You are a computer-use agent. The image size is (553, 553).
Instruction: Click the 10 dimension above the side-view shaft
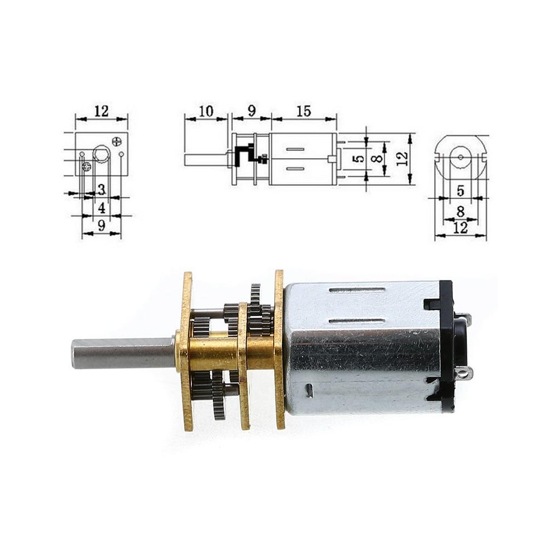click(206, 111)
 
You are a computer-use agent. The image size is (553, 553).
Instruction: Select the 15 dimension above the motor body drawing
click(304, 111)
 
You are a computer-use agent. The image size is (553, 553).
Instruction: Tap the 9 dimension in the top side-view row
click(252, 111)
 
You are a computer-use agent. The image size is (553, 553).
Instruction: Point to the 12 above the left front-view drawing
click(102, 111)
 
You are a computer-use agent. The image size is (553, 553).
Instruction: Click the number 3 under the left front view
click(102, 190)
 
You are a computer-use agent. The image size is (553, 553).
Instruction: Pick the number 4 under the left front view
click(102, 208)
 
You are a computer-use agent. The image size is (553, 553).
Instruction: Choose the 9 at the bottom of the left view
click(102, 226)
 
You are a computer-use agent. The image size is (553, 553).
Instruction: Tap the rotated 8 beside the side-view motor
click(378, 159)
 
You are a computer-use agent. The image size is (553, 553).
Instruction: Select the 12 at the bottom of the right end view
click(460, 228)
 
